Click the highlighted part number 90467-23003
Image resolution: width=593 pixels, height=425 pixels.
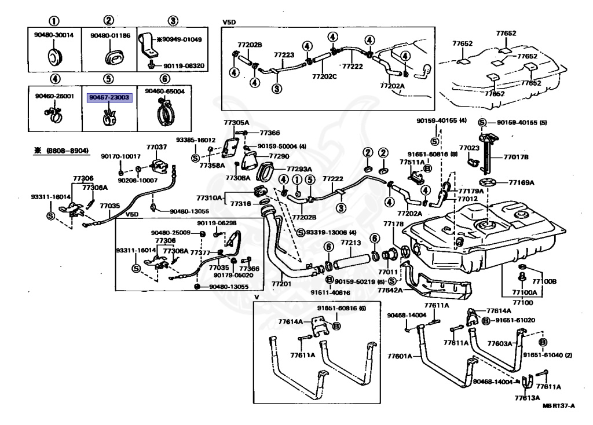pos(109,98)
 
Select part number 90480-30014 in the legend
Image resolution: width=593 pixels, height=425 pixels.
pos(54,35)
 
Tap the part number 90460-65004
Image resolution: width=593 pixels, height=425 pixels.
pos(164,91)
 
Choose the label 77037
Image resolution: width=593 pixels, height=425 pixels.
pos(156,147)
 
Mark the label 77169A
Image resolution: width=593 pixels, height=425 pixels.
pos(522,182)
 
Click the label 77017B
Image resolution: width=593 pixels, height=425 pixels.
pos(516,156)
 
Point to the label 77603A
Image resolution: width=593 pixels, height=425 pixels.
pos(499,343)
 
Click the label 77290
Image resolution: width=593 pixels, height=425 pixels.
pos(279,156)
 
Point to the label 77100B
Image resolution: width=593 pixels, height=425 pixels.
pos(544,281)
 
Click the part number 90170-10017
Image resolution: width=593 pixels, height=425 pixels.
pos(120,156)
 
